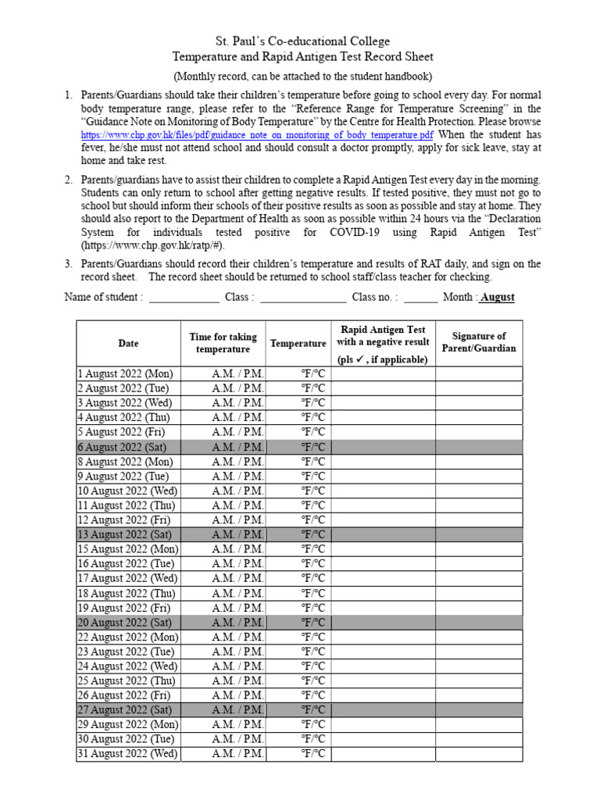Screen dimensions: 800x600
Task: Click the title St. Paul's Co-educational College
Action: [x=302, y=41]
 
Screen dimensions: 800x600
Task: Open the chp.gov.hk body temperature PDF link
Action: [x=257, y=134]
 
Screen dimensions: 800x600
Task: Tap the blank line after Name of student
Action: [x=184, y=298]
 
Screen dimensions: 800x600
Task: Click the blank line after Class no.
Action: [x=421, y=298]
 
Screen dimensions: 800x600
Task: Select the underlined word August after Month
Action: [x=497, y=298]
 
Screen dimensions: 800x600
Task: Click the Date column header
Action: [x=128, y=343]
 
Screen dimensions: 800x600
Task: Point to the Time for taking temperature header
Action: [x=223, y=343]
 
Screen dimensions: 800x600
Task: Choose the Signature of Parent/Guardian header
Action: [x=479, y=342]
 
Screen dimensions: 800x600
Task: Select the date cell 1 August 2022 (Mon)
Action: [x=126, y=373]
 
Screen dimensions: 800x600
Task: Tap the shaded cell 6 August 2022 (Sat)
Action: [x=126, y=447]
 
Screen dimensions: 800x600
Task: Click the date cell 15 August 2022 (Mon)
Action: [x=128, y=549]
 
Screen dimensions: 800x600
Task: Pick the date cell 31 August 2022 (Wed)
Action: [x=128, y=754]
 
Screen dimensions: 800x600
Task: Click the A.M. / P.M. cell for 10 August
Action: [x=237, y=491]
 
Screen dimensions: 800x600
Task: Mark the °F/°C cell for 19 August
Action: [x=313, y=608]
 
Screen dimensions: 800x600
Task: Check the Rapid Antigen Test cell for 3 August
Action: [x=383, y=403]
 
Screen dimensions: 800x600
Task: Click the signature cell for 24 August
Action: [x=479, y=666]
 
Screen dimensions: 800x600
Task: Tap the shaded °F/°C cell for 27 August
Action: [x=313, y=710]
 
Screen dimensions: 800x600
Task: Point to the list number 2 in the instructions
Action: [x=69, y=180]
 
